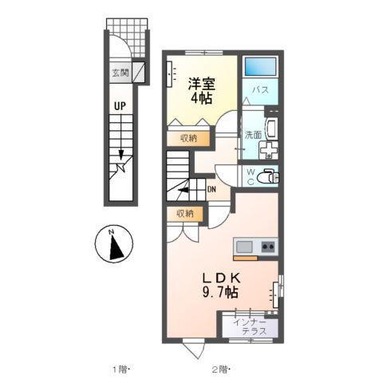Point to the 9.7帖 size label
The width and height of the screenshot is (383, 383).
pos(220,294)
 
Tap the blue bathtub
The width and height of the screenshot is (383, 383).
pos(259,67)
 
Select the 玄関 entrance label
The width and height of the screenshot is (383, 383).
pos(120,74)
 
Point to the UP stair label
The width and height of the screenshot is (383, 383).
pos(119,105)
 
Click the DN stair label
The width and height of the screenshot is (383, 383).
pos(211,189)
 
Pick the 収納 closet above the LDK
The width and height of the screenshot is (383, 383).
pos(185,213)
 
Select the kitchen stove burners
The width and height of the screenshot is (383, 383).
pos(267,247)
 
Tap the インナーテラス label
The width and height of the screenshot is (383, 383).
pos(249,326)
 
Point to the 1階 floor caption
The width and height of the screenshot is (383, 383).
pos(120,369)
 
